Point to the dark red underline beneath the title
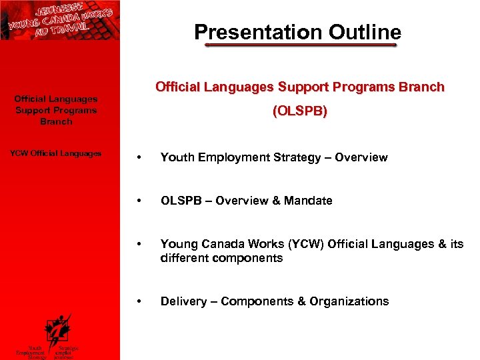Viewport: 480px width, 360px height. pos(300,46)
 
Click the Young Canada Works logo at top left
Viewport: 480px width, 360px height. pos(60,20)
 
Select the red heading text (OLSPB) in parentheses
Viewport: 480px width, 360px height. pos(299,112)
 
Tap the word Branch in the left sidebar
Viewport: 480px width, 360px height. pos(56,122)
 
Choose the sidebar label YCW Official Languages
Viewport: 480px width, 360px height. pos(56,153)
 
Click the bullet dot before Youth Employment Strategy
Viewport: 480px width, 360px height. pos(137,158)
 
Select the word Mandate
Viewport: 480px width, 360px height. pos(307,201)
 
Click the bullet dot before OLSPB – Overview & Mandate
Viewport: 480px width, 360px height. pos(137,201)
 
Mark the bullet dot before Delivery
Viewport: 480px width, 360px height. pos(137,302)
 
